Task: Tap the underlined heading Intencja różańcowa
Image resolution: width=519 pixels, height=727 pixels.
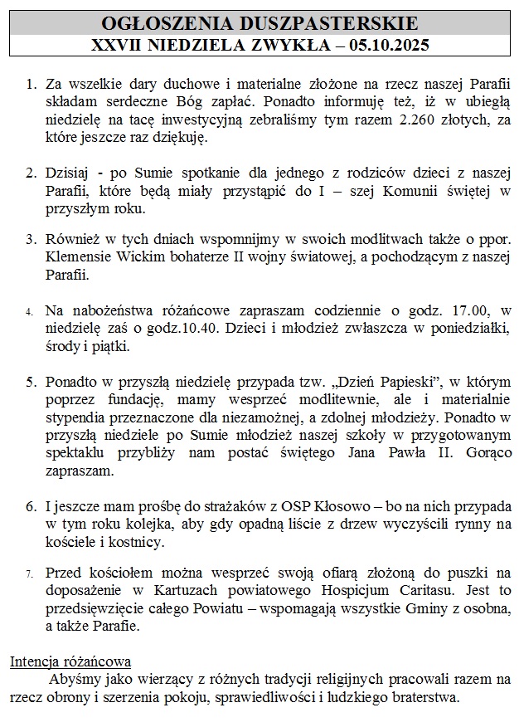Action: (x=70, y=662)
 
